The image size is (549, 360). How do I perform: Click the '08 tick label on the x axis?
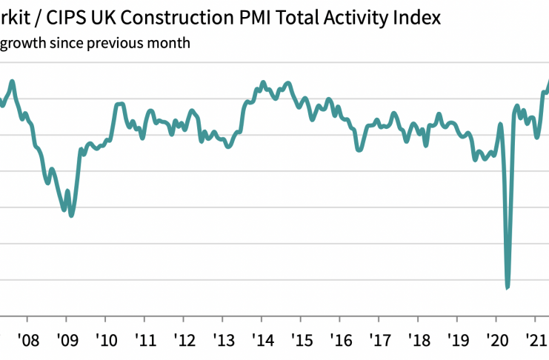click(x=27, y=342)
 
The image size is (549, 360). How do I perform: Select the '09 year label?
click(x=66, y=342)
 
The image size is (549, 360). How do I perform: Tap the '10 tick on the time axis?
click(x=105, y=342)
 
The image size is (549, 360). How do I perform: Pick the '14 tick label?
click(x=262, y=342)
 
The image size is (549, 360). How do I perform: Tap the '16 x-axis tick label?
click(x=339, y=342)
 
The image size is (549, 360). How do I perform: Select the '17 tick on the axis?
click(x=379, y=342)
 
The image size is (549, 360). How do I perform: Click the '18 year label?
click(x=418, y=342)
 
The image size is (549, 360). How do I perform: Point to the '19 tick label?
click(x=456, y=342)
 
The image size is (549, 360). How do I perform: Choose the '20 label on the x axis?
click(x=496, y=342)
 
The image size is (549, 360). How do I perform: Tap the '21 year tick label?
click(x=535, y=342)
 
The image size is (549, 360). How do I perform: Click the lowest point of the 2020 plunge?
click(x=508, y=287)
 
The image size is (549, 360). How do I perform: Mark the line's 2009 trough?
click(x=71, y=216)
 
